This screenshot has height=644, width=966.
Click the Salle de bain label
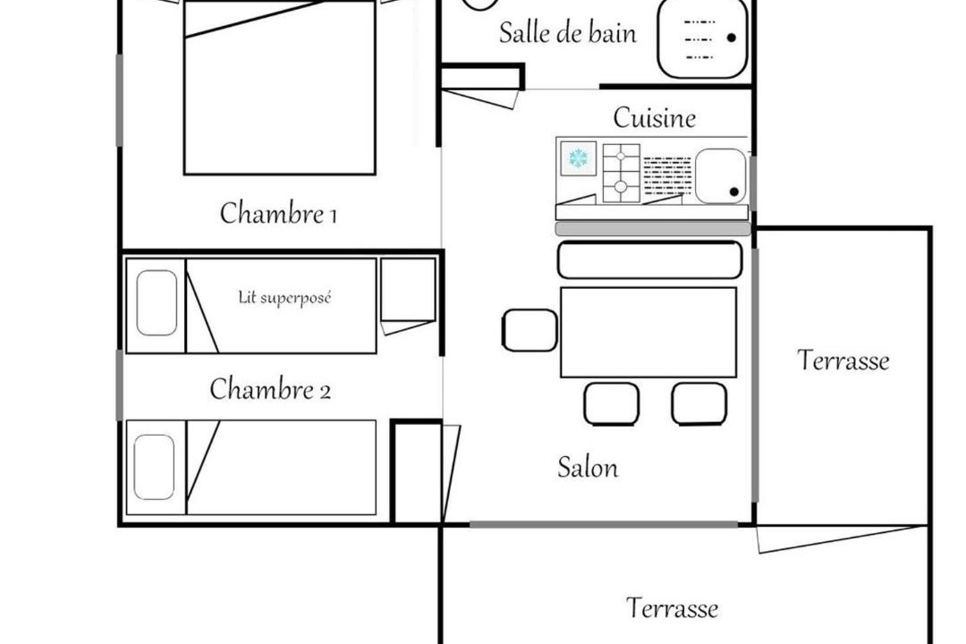point(567,33)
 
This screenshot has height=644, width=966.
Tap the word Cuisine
point(654,118)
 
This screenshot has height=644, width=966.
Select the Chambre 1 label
point(278,214)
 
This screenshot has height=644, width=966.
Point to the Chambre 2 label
point(270,389)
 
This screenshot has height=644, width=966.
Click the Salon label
point(588,468)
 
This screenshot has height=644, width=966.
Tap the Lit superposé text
point(284,298)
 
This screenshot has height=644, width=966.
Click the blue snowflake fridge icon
point(578,158)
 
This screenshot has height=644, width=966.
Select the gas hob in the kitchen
point(621,173)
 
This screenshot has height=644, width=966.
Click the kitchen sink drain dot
point(733,191)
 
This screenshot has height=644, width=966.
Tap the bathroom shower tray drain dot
point(732,38)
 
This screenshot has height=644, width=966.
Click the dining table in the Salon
point(648,332)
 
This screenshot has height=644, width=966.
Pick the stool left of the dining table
point(530,330)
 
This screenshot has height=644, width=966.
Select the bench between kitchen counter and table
point(649,260)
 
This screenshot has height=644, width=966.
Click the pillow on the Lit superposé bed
point(157,303)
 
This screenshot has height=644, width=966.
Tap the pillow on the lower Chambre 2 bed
point(154,467)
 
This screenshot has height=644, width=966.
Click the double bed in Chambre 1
point(280,88)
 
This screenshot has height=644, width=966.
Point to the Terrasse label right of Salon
point(843,360)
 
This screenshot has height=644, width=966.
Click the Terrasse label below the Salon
point(672,608)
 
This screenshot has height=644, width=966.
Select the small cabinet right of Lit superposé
point(408,290)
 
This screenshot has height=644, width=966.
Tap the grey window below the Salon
point(604,524)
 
